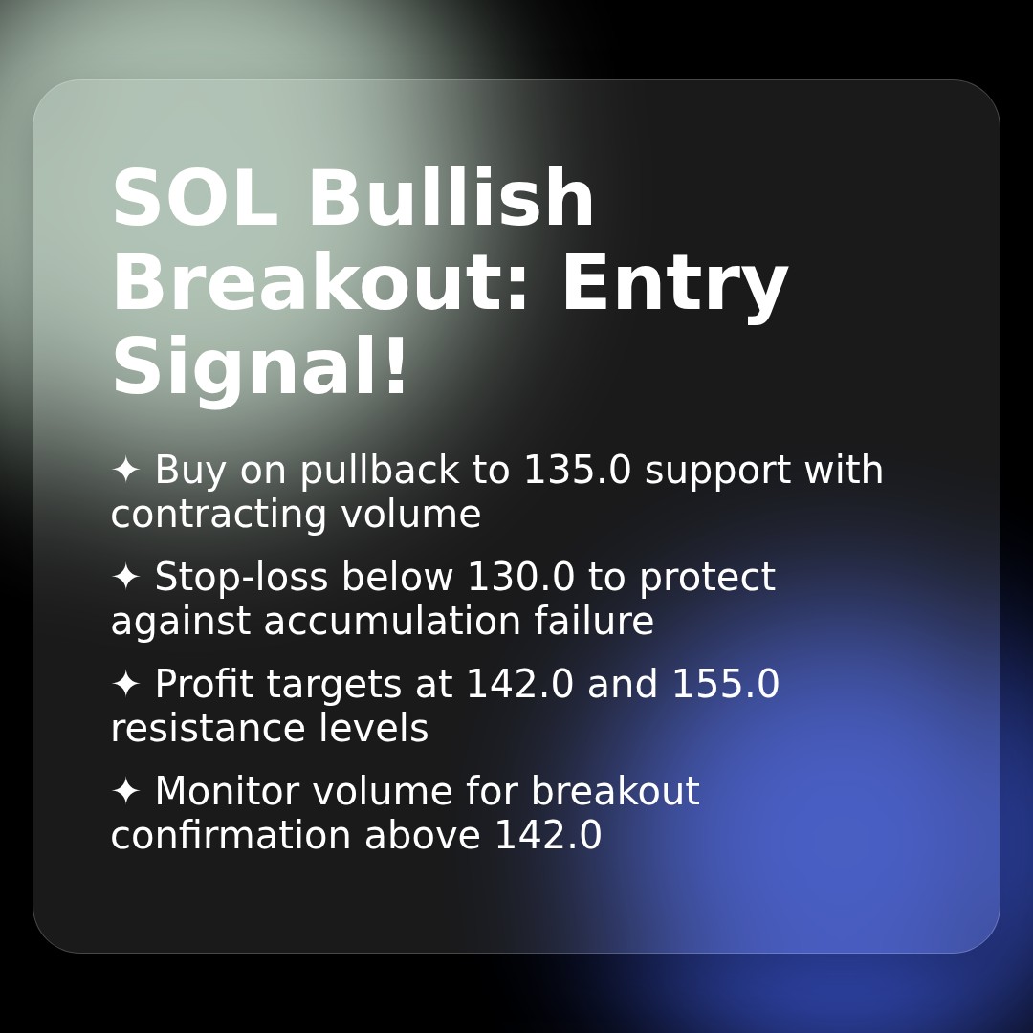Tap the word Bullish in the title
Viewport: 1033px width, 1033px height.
(x=451, y=200)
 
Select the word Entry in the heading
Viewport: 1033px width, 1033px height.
(x=673, y=284)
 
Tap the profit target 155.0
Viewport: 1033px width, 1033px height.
(x=725, y=685)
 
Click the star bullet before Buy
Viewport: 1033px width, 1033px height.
(x=125, y=470)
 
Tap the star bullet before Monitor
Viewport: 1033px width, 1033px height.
(x=125, y=791)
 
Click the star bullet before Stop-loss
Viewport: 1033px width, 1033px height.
(x=125, y=577)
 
